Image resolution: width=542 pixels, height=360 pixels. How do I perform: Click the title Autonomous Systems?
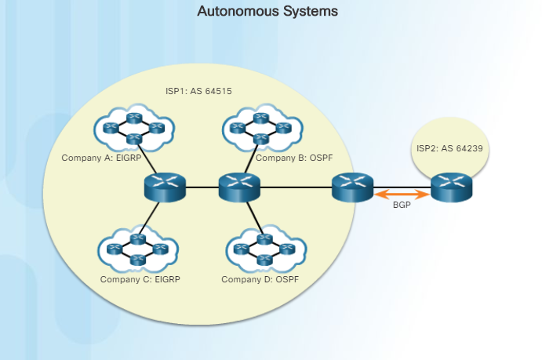pos(267,12)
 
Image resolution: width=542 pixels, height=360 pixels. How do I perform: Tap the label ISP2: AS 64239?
pos(449,147)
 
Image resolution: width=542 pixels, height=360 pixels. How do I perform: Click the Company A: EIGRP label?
pos(100,158)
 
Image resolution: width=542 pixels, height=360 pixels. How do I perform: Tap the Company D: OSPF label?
pos(260,279)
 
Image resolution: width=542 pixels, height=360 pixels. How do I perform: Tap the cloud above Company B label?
pos(262,125)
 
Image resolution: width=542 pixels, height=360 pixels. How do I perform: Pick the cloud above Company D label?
pos(264,249)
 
